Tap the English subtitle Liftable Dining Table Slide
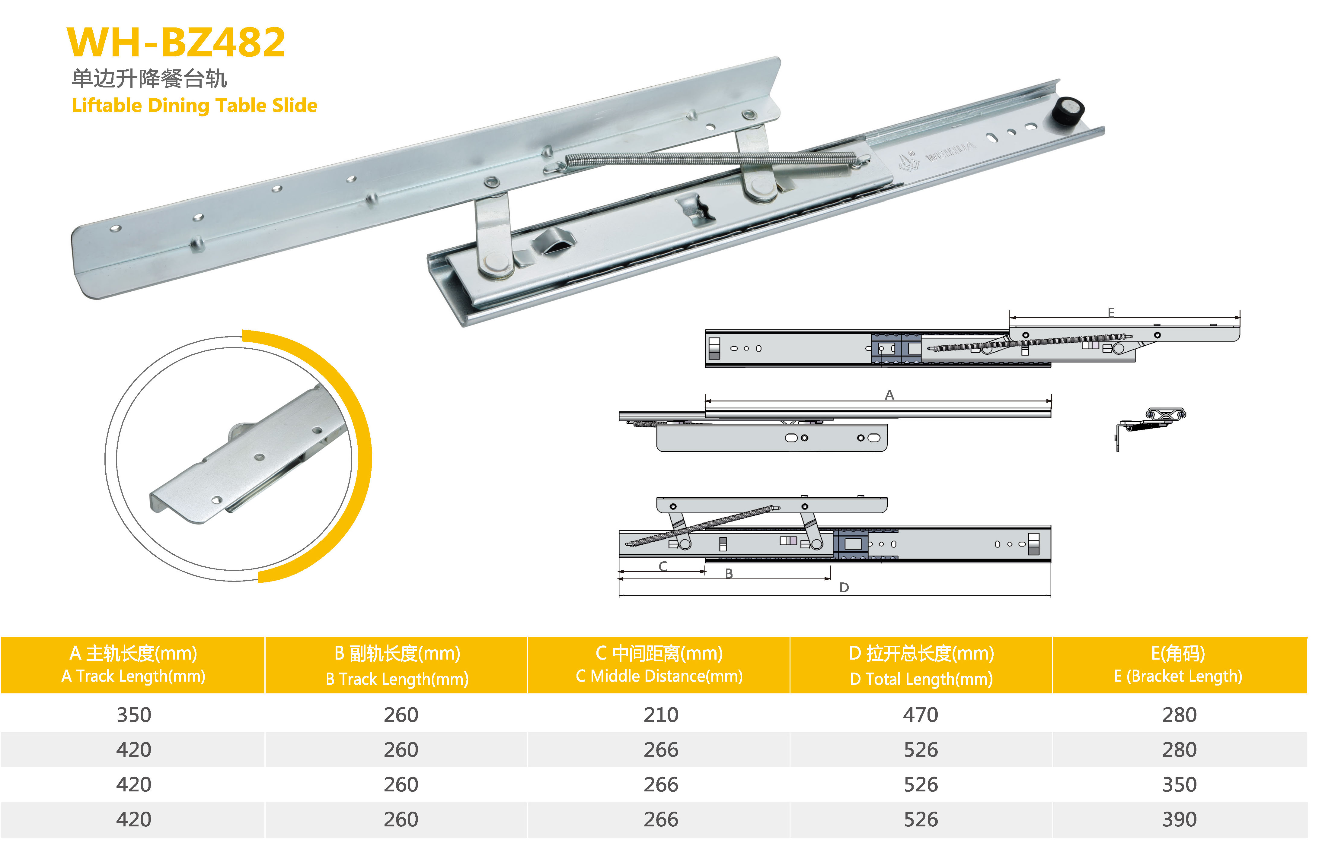pyautogui.click(x=194, y=105)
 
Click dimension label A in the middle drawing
pyautogui.click(x=889, y=394)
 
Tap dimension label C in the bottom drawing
pyautogui.click(x=663, y=566)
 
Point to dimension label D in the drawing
pyautogui.click(x=844, y=587)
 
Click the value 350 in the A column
pyautogui.click(x=134, y=715)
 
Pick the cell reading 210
pyautogui.click(x=661, y=715)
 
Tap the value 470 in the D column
pyautogui.click(x=921, y=715)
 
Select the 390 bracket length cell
pyautogui.click(x=1179, y=819)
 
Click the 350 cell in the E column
pyautogui.click(x=1179, y=784)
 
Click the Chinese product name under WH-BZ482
pyautogui.click(x=149, y=78)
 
